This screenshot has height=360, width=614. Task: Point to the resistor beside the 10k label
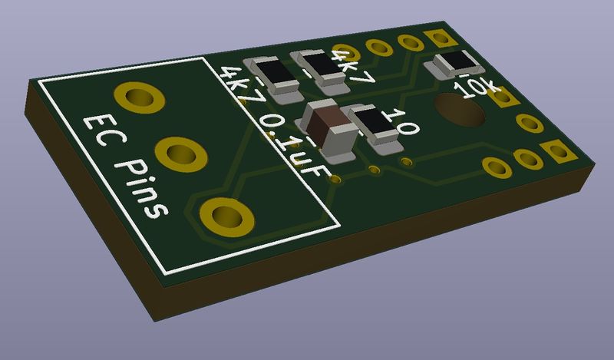coord(454,64)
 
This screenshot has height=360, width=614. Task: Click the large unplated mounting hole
coord(460,110)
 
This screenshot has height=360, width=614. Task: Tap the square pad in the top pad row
coord(440,38)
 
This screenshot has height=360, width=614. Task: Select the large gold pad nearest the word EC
coord(140,97)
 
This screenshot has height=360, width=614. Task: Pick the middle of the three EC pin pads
coord(181,154)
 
